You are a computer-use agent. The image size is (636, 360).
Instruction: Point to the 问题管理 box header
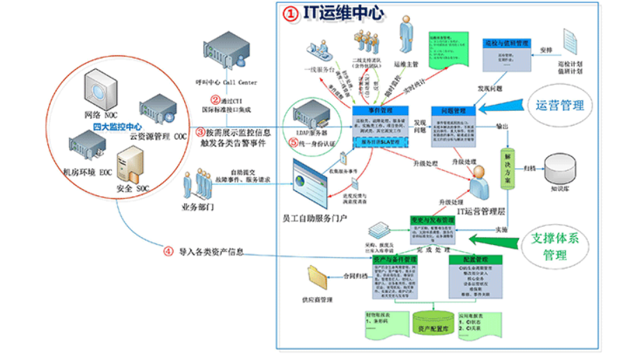pos(455,110)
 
